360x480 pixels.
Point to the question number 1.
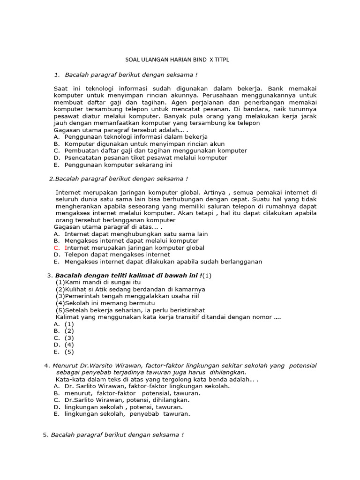(57, 74)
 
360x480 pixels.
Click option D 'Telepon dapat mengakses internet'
(117, 255)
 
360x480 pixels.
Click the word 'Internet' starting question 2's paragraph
(69, 192)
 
